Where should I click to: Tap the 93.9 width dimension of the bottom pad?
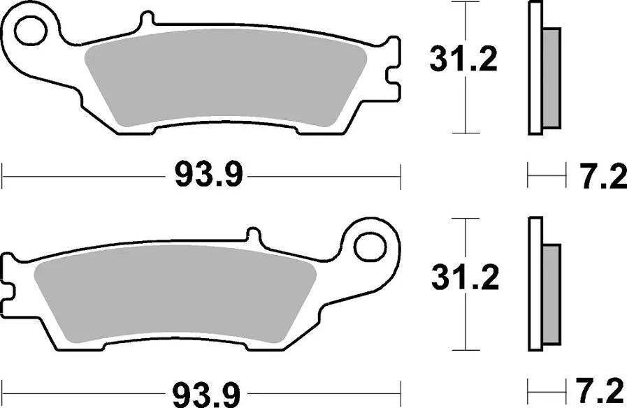[208, 393]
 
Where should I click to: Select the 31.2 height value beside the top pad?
[463, 60]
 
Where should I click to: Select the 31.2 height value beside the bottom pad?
[463, 278]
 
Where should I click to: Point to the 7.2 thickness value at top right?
[602, 177]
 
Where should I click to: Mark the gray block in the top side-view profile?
[552, 77]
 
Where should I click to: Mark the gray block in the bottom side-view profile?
[552, 293]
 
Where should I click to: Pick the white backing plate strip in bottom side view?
[535, 283]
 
